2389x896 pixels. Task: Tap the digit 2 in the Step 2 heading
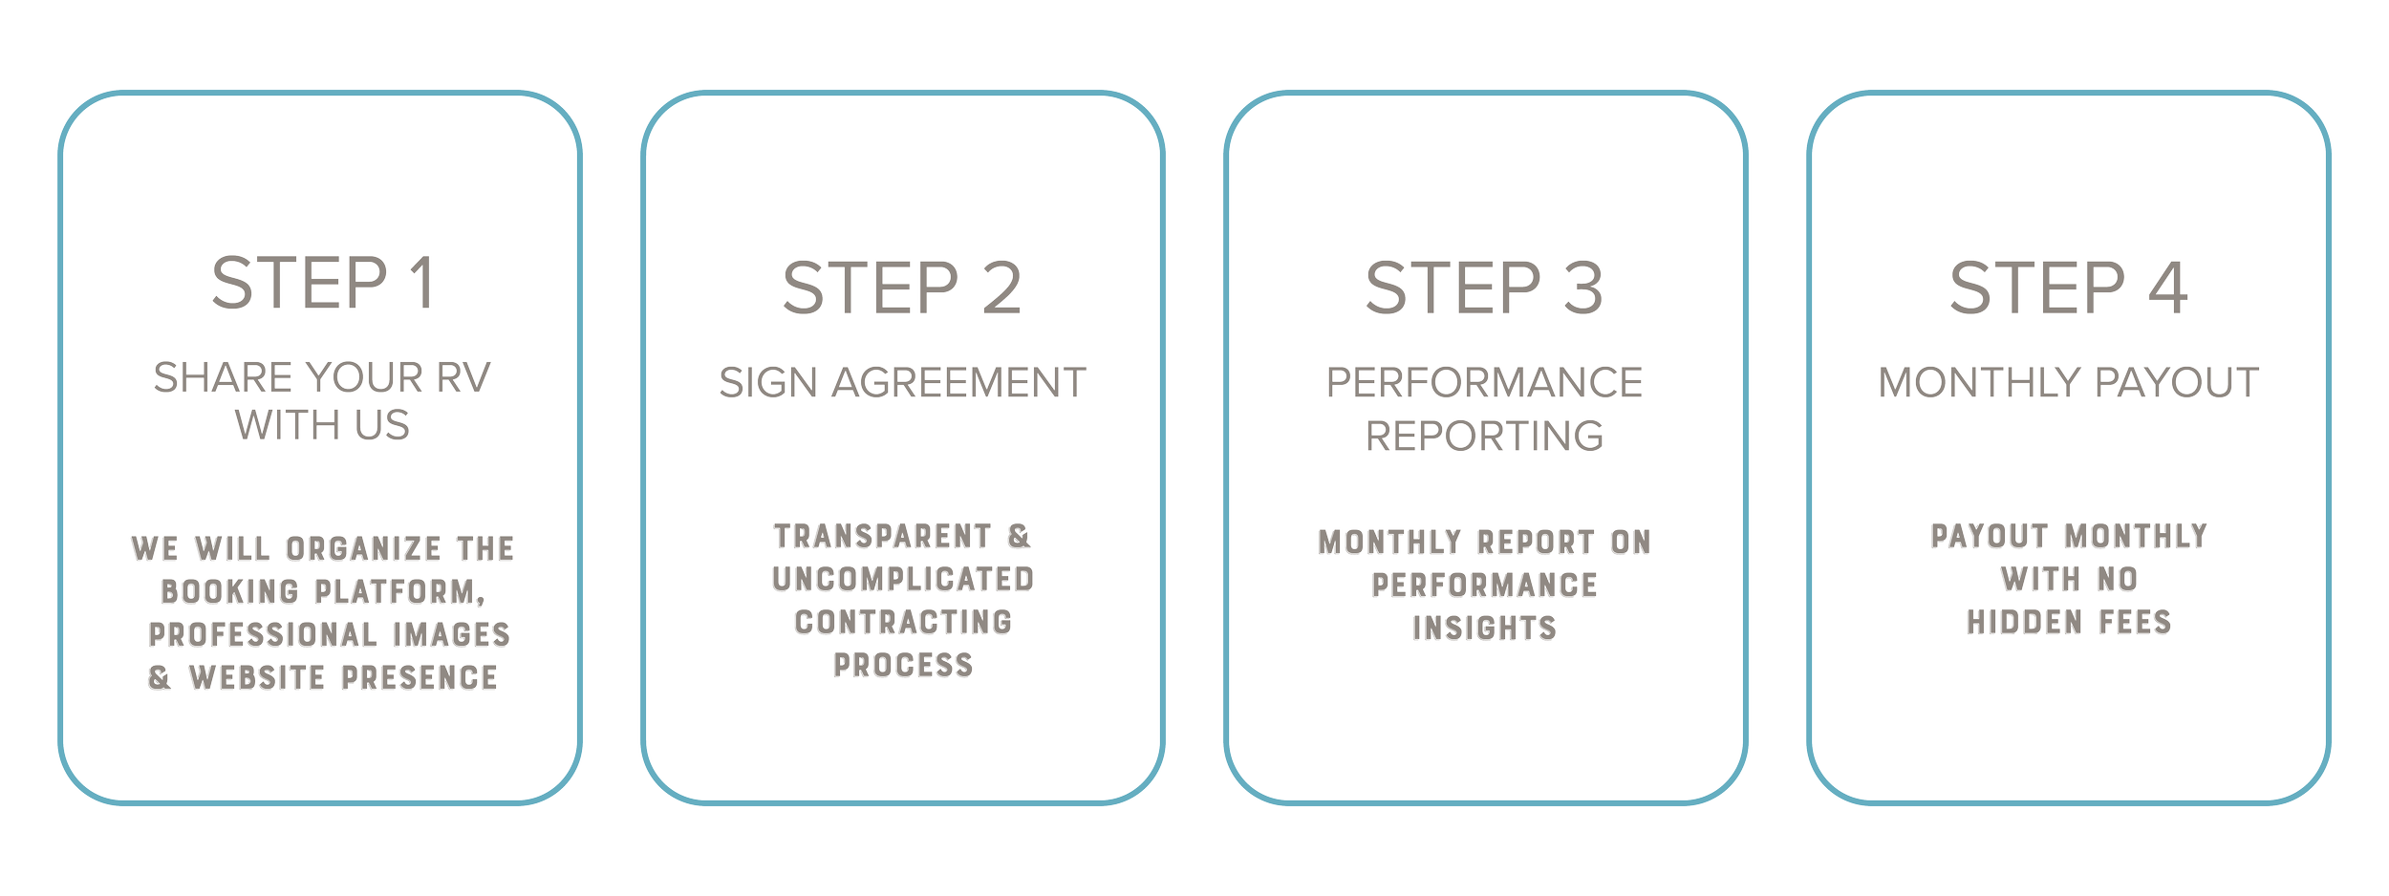point(1001,288)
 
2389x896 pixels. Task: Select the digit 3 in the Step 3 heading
point(1582,288)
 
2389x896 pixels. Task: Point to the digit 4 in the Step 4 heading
point(2168,288)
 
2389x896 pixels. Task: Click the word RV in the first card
point(463,378)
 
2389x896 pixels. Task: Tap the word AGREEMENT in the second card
point(958,383)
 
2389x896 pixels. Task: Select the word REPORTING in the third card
point(1484,437)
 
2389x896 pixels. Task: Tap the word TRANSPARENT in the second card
point(883,537)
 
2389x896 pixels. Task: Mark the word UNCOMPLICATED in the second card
point(903,580)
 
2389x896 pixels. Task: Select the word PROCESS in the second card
point(903,665)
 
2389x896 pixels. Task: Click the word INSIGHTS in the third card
point(1484,629)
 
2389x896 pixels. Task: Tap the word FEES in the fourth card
point(2134,623)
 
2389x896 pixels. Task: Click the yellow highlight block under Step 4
point(2113,325)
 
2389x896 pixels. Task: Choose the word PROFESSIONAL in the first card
point(263,635)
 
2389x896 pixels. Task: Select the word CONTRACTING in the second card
point(903,623)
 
